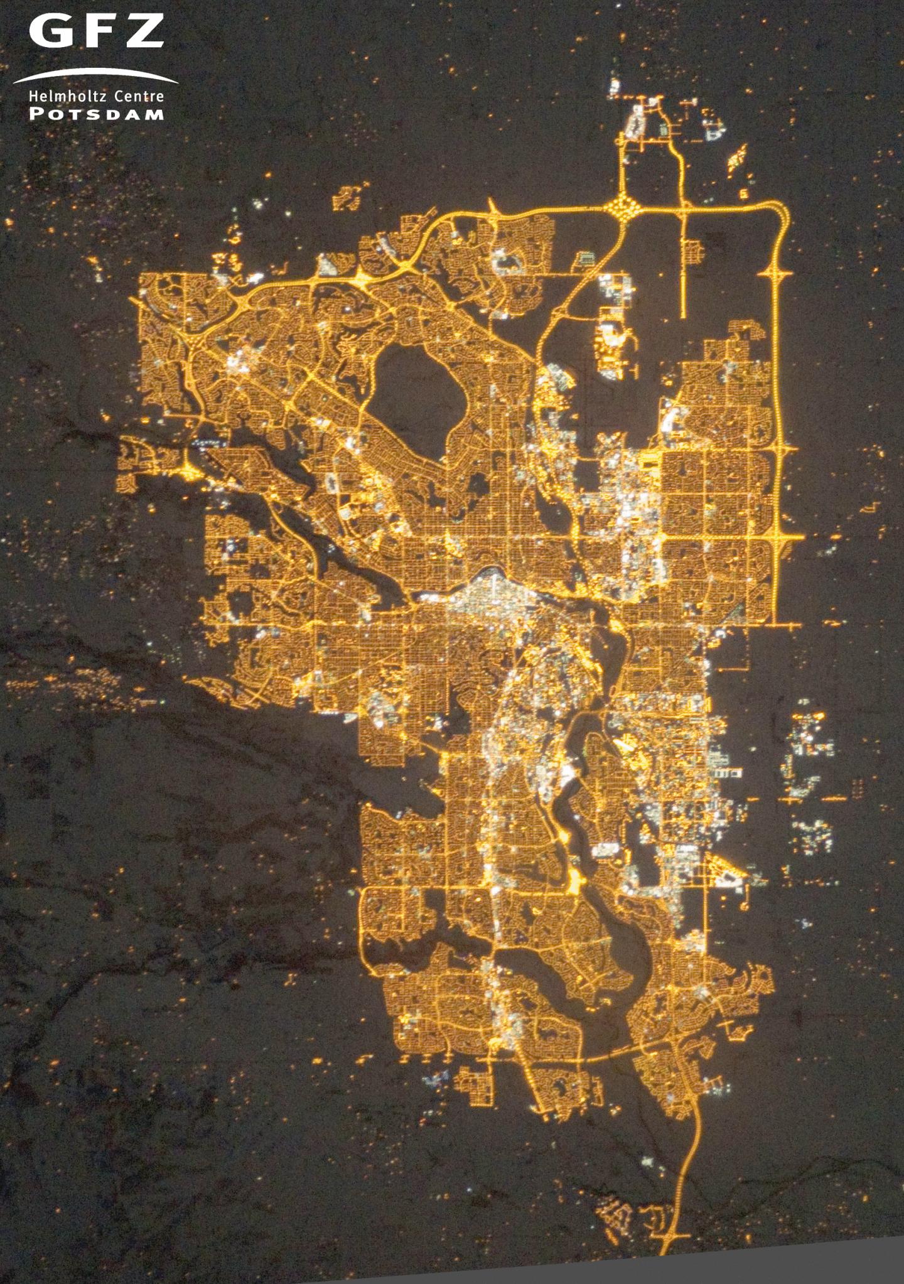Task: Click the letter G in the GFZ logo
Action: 48,31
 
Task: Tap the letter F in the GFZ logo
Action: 95,31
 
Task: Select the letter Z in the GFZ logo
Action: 143,31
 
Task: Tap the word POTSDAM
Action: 95,114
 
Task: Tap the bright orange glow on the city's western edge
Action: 188,469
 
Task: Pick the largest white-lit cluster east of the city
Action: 810,753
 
